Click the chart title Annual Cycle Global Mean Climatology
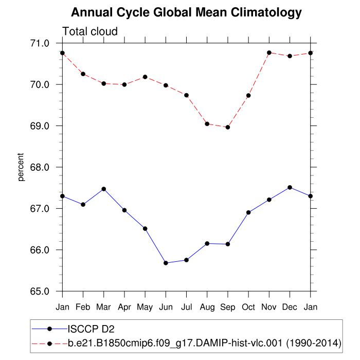pyautogui.click(x=186, y=12)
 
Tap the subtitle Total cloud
pyautogui.click(x=90, y=31)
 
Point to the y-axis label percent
pyautogui.click(x=21, y=167)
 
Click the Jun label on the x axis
pyautogui.click(x=166, y=307)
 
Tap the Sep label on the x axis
pyautogui.click(x=228, y=307)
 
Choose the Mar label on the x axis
pyautogui.click(x=104, y=307)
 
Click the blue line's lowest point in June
pyautogui.click(x=166, y=263)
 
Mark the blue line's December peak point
pyautogui.click(x=290, y=187)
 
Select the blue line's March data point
pyautogui.click(x=104, y=189)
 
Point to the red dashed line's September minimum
pyautogui.click(x=228, y=127)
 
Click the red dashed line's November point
pyautogui.click(x=269, y=52)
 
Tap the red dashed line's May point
pyautogui.click(x=145, y=77)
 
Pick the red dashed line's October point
pyautogui.click(x=248, y=95)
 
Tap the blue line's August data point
pyautogui.click(x=207, y=243)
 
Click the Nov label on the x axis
pyautogui.click(x=269, y=307)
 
